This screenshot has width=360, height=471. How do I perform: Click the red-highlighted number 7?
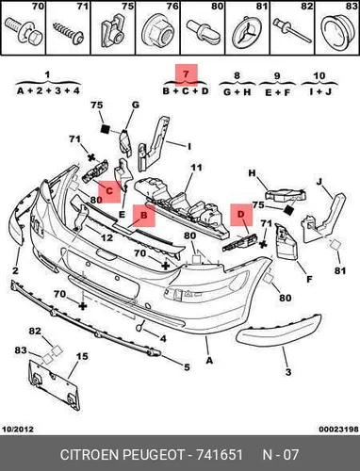pos(186,74)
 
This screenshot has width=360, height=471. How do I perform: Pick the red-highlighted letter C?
pos(109,191)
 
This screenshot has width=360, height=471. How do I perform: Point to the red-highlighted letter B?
pos(144,215)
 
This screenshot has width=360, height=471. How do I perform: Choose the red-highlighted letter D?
pos(241,214)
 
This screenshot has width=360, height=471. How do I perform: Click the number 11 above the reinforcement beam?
pos(196,168)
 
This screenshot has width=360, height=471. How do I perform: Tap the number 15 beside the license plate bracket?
pos(82,357)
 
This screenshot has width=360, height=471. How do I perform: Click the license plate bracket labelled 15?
pos(54,385)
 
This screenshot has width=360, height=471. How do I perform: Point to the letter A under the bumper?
pos(209,361)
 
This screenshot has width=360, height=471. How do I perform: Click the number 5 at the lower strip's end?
pos(188,366)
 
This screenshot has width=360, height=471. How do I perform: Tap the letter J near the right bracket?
pos(319,182)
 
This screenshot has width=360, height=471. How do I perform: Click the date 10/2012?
pos(18,429)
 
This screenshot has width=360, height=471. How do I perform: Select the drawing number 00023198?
pos(339,429)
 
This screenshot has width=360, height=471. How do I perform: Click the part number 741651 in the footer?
pos(220,455)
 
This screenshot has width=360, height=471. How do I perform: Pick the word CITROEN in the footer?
pos(90,455)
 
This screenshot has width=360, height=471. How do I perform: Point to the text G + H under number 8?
pos(237,92)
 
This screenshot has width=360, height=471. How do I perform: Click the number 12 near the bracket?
pos(106,237)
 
